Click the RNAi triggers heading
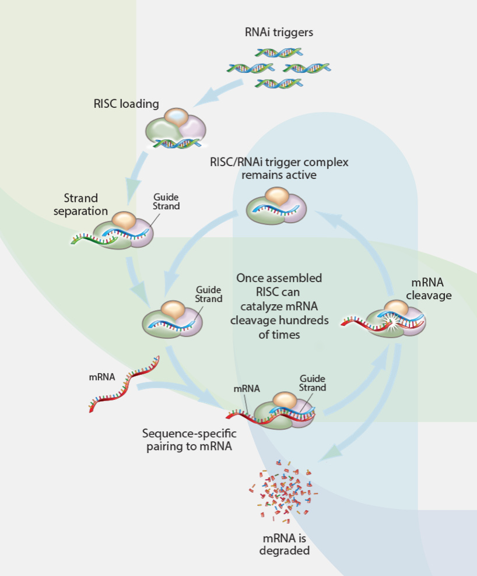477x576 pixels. tap(279, 32)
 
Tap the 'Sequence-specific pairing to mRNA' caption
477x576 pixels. tap(190, 440)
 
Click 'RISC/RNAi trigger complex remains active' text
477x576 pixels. tap(279, 168)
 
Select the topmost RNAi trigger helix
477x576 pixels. tap(278, 53)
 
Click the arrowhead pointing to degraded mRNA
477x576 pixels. tap(334, 450)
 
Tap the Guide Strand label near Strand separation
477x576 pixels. tap(166, 202)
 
